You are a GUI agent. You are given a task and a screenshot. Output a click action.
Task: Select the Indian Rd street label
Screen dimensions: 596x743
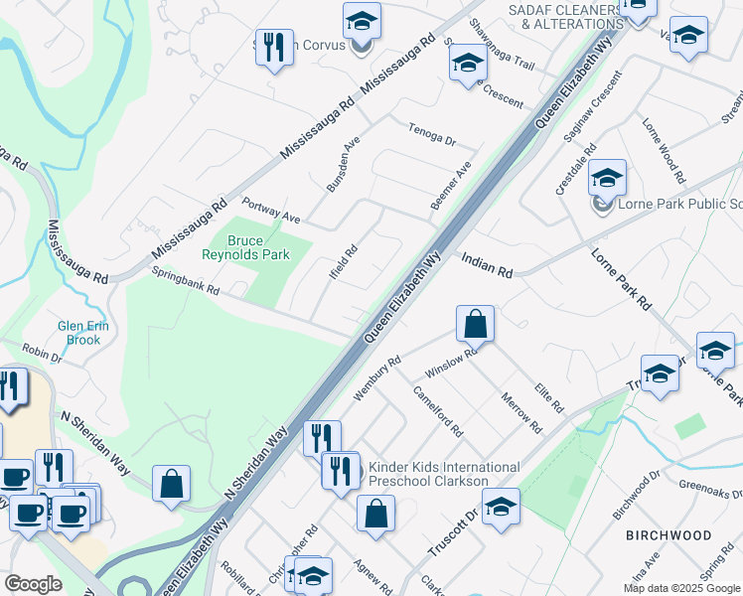pyautogui.click(x=487, y=264)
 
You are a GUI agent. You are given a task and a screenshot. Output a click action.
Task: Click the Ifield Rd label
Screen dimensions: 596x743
pyautogui.click(x=345, y=262)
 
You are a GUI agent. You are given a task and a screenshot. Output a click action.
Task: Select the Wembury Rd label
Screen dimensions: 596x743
pyautogui.click(x=378, y=377)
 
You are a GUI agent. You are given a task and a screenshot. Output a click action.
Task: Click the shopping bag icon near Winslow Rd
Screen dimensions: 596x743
pyautogui.click(x=476, y=324)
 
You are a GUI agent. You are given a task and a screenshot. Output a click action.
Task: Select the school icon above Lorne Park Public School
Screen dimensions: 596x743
pyautogui.click(x=607, y=179)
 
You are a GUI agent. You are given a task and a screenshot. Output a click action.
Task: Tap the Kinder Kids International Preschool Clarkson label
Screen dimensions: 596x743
pyautogui.click(x=444, y=474)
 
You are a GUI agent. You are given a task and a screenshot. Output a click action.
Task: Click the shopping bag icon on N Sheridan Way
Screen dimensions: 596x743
pyautogui.click(x=172, y=485)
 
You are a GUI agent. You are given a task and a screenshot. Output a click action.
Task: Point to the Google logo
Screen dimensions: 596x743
pyautogui.click(x=33, y=584)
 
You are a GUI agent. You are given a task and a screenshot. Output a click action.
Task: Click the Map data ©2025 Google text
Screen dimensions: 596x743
pyautogui.click(x=680, y=588)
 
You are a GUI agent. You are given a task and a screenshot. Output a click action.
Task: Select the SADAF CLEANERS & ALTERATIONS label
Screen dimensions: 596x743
pyautogui.click(x=564, y=16)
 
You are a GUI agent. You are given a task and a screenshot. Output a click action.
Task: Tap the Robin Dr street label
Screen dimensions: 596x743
pyautogui.click(x=42, y=353)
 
